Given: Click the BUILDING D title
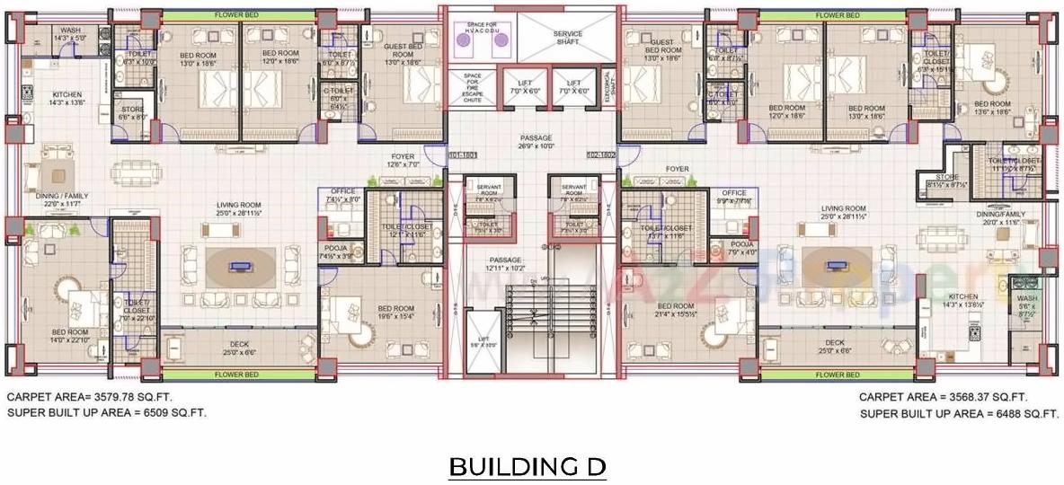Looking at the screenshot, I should click(x=528, y=467).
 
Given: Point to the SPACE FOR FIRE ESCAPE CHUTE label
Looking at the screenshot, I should click(x=472, y=88).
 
